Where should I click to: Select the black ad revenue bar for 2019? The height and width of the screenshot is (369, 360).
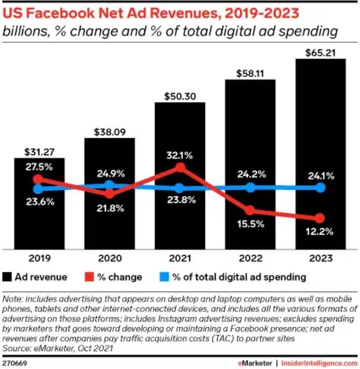[39, 220]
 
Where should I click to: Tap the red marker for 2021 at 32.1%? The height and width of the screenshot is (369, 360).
[180, 168]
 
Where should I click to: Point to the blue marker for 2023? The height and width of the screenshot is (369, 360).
[321, 188]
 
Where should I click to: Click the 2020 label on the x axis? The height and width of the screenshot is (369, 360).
[109, 259]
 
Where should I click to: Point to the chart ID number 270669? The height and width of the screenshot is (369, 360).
[14, 363]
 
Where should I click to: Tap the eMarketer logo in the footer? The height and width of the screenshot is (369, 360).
[259, 363]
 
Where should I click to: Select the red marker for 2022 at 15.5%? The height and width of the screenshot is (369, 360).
[250, 210]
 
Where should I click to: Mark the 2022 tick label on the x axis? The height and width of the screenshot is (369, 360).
[250, 259]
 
